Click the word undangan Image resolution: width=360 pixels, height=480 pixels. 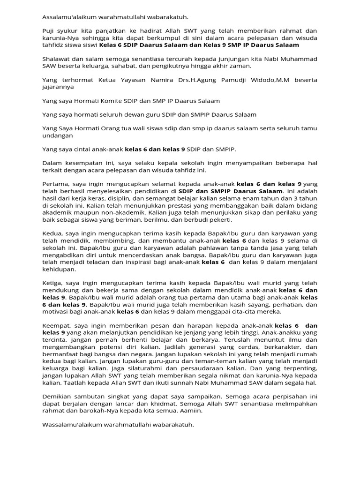tap(58, 135)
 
